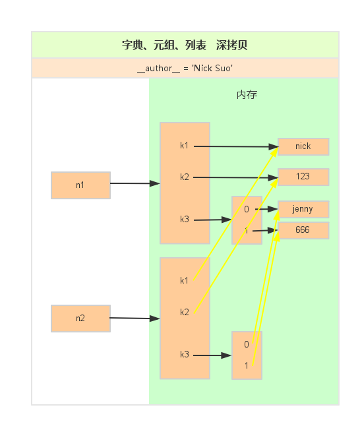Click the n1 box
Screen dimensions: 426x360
[80, 185]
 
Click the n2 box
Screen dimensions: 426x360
[80, 319]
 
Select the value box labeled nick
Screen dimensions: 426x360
[303, 146]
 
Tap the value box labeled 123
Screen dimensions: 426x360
[303, 177]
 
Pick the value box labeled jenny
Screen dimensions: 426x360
[303, 210]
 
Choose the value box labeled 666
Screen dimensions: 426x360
[303, 231]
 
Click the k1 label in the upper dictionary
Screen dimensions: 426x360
[185, 146]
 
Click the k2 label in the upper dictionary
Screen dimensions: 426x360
[185, 177]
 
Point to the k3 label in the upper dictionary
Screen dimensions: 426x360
[185, 220]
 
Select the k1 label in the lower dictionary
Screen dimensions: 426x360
[185, 281]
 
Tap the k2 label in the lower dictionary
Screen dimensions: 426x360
[185, 312]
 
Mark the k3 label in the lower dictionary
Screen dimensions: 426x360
[185, 355]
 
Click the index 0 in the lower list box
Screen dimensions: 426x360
[247, 344]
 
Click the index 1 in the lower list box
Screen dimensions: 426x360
[247, 365]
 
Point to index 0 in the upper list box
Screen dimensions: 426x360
[247, 209]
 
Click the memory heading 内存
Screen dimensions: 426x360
[247, 95]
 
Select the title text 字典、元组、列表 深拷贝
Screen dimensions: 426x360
[185, 46]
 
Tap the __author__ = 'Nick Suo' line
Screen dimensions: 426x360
[185, 68]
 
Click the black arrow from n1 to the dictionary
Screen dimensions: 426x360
[135, 183]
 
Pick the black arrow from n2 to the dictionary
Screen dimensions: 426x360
[135, 318]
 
